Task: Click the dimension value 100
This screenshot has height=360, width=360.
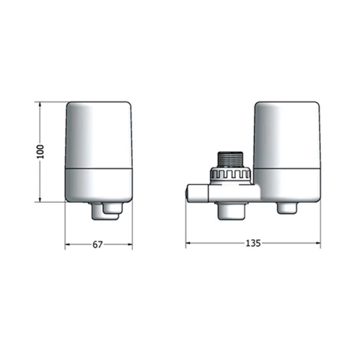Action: (x=41, y=152)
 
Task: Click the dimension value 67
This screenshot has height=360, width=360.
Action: (x=98, y=245)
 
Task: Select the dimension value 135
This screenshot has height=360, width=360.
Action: (x=253, y=243)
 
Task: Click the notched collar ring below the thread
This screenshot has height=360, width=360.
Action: (x=230, y=175)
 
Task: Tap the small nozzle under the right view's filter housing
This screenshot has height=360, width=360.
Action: (x=287, y=208)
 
